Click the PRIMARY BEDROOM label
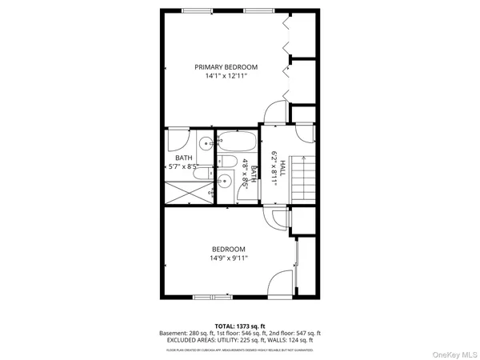coord(226,66)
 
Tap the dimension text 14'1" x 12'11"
coord(226,76)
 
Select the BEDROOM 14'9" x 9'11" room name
coord(228,249)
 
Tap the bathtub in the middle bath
coord(237,142)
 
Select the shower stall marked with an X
coord(189,191)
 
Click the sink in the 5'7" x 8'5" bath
coord(206,145)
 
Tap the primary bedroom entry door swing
coord(274,113)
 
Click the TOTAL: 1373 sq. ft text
coord(240,325)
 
